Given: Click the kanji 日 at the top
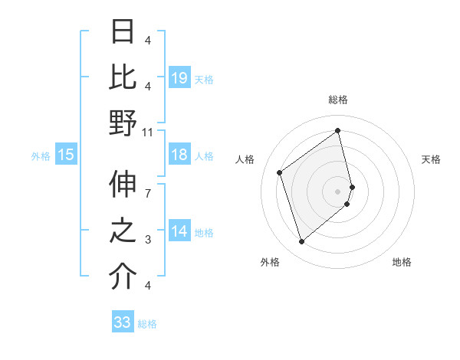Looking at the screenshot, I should pos(123,32).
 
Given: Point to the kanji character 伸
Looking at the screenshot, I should pos(123,185).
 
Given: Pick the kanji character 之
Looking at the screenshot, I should pos(123,231).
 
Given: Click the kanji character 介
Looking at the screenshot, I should pos(123,277).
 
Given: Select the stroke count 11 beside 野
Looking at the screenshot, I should pos(148,132).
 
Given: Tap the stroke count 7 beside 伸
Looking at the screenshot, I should pos(148,185).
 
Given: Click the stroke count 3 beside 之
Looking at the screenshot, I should pos(148,240).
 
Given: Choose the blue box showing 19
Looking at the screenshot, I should pos(179,77).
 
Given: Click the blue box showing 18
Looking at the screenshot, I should pos(179,155).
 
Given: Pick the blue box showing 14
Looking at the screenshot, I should pos(179,231).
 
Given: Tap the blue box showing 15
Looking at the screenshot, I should pos(66,155).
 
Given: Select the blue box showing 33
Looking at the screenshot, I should pos(122,322).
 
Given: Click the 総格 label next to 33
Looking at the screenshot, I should pos(147,324).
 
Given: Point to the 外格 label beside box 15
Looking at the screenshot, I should pos(41,156).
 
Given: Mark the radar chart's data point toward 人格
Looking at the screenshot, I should pos(280,172).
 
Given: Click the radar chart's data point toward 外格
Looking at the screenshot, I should pos(302,242).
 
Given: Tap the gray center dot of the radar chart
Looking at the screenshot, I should pos(337,190).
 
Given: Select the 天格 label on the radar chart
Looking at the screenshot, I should pos(431,159).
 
